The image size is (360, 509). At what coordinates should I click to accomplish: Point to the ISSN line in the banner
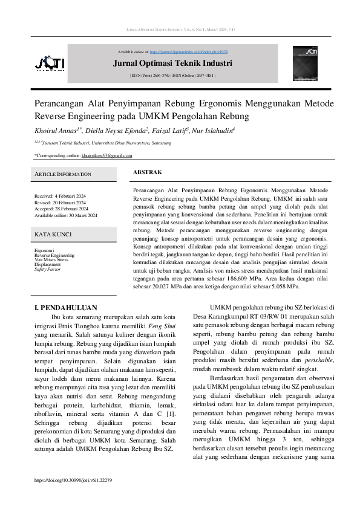172,76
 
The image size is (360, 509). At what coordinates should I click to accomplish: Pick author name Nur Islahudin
212,130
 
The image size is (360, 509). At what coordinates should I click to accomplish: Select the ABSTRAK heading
147,172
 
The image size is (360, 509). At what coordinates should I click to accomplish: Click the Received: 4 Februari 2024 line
60,196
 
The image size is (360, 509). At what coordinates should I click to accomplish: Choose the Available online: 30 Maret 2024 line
65,216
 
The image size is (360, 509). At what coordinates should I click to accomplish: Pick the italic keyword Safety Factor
47,269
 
